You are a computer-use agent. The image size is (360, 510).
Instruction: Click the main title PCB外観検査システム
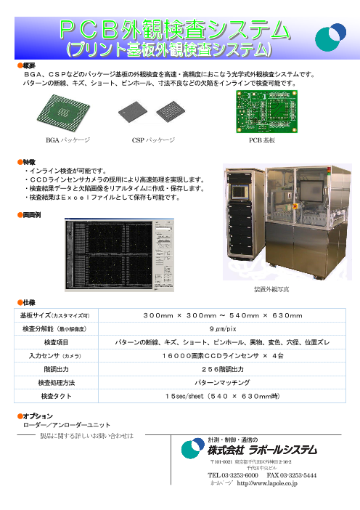pyautogui.click(x=172, y=29)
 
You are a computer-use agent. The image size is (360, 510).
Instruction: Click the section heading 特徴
pyautogui.click(x=27, y=162)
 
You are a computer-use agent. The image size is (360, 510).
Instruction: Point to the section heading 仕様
pyautogui.click(x=27, y=301)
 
